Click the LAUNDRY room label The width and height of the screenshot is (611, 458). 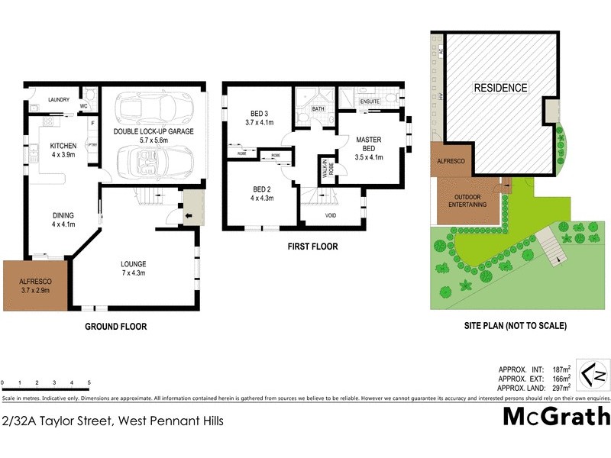[59, 100]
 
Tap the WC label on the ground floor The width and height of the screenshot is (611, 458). [84, 106]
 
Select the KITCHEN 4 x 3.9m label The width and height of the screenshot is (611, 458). [63, 150]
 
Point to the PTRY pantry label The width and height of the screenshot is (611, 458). [92, 145]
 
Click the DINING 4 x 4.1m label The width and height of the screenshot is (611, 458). [63, 220]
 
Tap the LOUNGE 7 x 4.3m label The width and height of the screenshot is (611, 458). [133, 268]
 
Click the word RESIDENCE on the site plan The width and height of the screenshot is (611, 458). [500, 88]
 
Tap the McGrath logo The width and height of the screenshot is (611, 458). [557, 417]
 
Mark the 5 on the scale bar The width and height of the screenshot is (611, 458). [89, 382]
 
